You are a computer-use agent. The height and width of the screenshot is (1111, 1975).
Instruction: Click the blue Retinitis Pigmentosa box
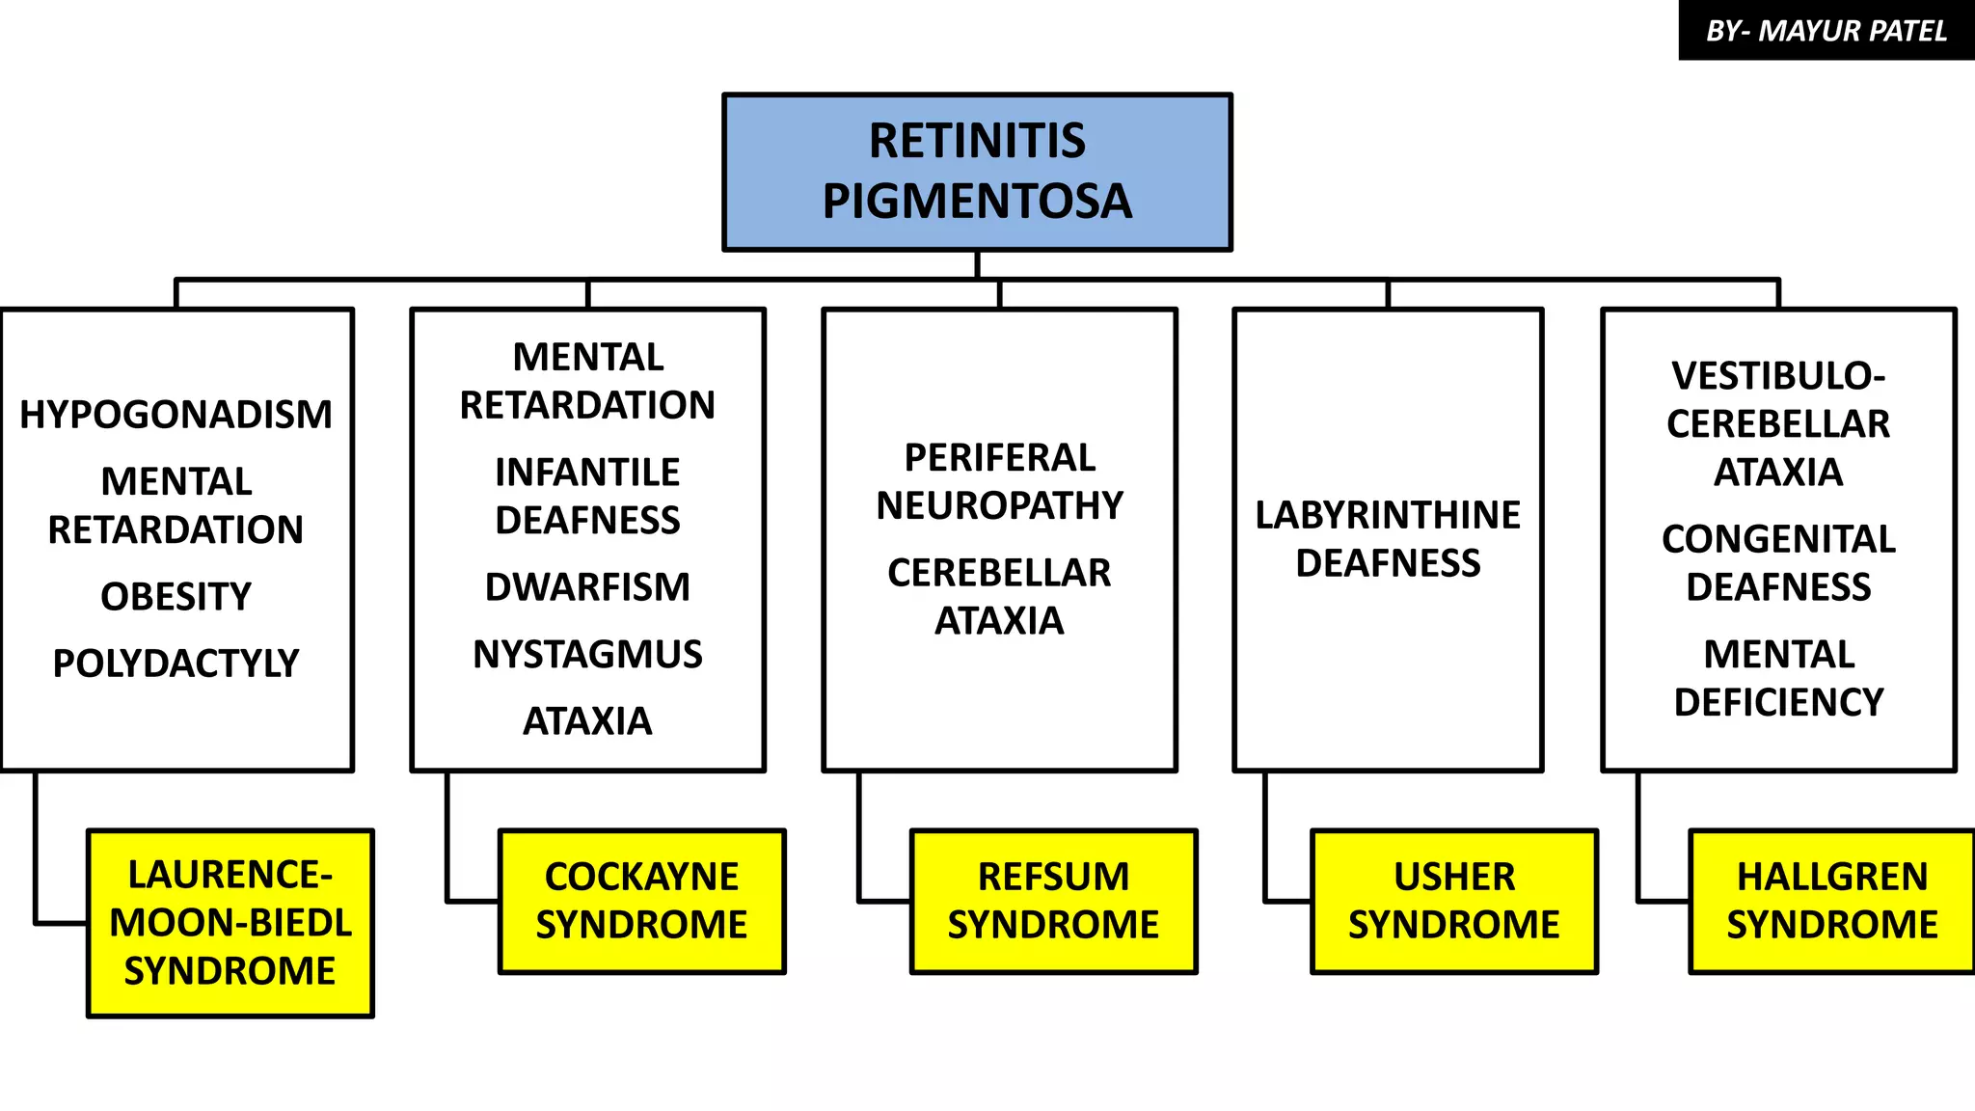pos(977,172)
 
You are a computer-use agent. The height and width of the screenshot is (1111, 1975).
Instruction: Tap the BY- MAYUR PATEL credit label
pos(1826,31)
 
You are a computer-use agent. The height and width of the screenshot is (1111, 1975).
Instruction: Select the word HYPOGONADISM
pos(176,415)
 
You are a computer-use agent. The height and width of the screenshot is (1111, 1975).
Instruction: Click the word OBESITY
pos(176,597)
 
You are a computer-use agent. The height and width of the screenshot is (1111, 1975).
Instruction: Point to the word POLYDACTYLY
pos(176,664)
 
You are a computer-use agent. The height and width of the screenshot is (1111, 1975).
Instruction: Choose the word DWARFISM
pos(587,587)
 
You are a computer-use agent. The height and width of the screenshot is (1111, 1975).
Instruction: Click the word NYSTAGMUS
pos(587,655)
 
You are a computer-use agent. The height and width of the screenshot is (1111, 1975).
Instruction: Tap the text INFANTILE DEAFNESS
pos(587,497)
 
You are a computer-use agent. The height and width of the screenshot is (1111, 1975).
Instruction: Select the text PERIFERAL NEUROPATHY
pos(999,481)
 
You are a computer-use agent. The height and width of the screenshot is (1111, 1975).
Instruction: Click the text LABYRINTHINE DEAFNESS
pos(1388,539)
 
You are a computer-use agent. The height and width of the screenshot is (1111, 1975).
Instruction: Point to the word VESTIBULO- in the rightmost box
pos(1777,376)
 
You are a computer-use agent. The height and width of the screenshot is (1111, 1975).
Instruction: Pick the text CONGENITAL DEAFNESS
pos(1777,563)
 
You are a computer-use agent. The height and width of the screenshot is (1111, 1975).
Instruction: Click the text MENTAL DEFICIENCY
pos(1777,678)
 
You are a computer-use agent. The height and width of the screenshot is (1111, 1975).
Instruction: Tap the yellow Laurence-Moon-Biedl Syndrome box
pos(230,923)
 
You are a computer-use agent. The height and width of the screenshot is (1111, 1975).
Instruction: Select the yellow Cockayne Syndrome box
pos(641,901)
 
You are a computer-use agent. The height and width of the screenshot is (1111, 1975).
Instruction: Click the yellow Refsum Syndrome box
pos(1053,901)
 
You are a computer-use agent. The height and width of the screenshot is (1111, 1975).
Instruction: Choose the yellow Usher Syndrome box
pos(1453,901)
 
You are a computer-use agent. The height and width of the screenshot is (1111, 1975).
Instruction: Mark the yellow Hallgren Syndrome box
pos(1830,901)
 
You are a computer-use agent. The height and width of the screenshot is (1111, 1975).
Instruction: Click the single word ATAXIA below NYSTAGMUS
pos(587,721)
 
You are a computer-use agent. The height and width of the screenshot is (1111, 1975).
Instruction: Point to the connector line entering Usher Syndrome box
pos(1286,902)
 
